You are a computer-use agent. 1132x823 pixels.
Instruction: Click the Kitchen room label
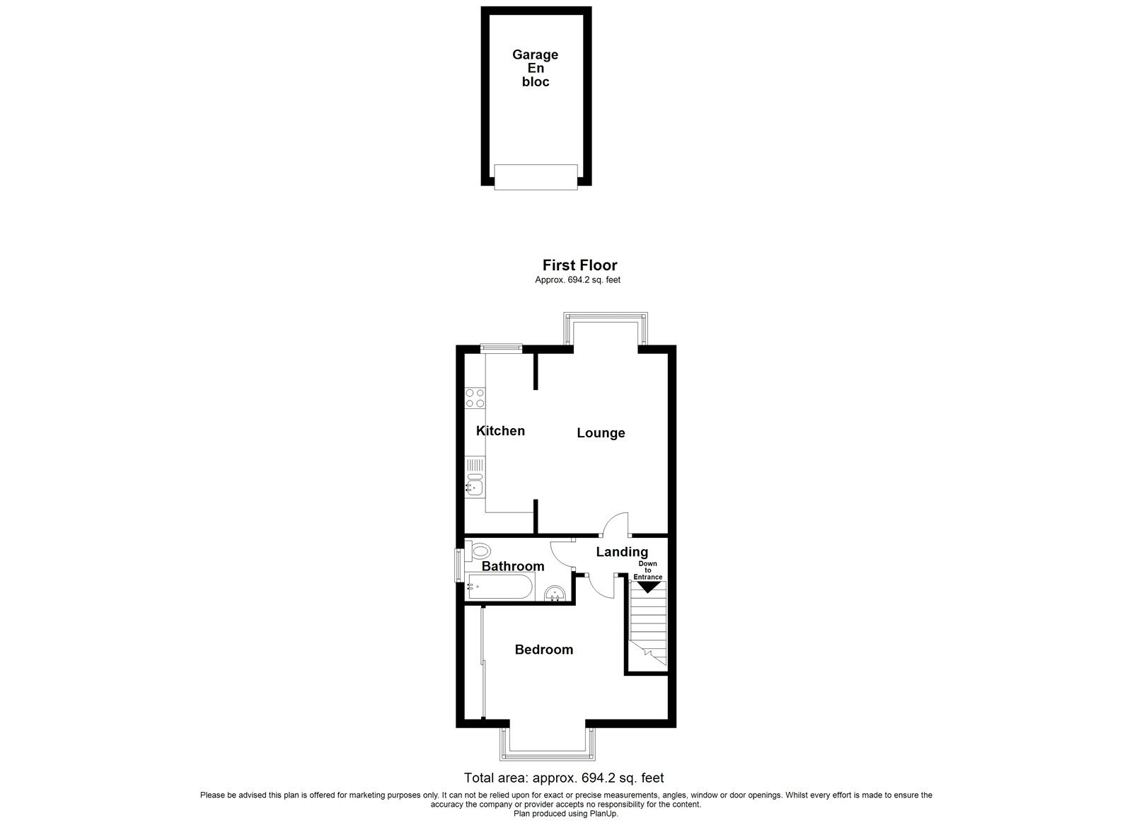[x=500, y=431]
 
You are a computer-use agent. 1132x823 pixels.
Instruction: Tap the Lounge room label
[x=601, y=433]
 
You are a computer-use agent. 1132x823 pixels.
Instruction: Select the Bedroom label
[x=543, y=650]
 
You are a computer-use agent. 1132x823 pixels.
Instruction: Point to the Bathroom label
[x=513, y=566]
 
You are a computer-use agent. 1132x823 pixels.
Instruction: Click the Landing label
[x=622, y=552]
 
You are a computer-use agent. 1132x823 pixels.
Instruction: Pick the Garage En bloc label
[x=535, y=68]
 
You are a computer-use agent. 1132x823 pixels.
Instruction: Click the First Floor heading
[x=579, y=265]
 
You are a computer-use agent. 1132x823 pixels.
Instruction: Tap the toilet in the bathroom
[x=479, y=551]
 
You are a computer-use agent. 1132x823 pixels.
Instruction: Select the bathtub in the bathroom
[x=499, y=587]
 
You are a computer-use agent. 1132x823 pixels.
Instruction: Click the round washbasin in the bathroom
[x=555, y=593]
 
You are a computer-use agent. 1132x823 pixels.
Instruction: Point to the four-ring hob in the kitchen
[x=475, y=398]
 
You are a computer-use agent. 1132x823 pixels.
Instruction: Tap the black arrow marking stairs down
[x=648, y=587]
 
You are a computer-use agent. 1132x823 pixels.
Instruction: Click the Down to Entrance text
[x=648, y=570]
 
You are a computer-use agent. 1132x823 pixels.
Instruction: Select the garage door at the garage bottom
[x=536, y=176]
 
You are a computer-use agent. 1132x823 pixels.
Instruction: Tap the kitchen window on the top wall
[x=501, y=347]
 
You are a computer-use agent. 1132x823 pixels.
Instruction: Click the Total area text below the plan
[x=563, y=778]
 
